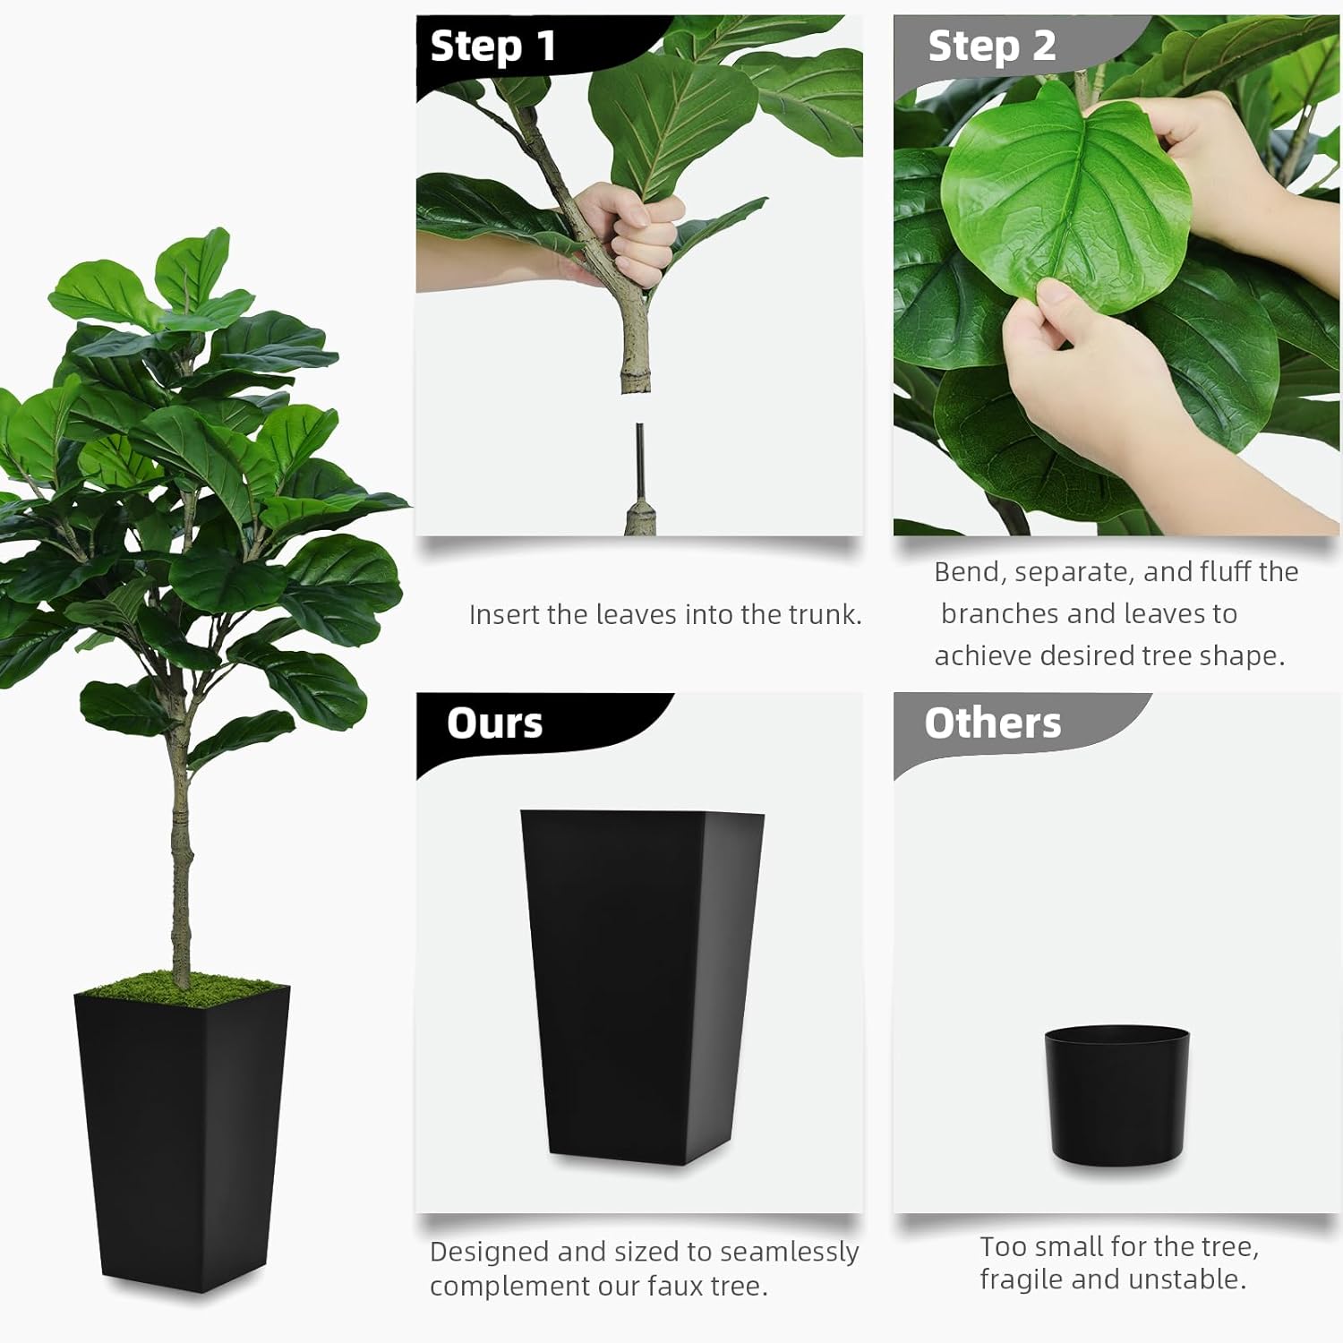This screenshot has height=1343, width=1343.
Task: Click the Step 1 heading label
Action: tap(493, 47)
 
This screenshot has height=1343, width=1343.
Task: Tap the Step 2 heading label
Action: tap(992, 47)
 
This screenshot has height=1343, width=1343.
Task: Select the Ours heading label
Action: tap(494, 723)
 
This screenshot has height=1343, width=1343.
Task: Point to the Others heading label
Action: tap(993, 723)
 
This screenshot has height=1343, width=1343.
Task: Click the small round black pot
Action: tap(1116, 1095)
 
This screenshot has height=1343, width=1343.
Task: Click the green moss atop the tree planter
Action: tap(183, 988)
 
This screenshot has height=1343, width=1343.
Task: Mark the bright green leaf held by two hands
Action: tap(1065, 197)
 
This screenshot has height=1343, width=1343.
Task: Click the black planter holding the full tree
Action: tap(182, 1137)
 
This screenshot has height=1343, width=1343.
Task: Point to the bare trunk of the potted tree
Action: tap(180, 860)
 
